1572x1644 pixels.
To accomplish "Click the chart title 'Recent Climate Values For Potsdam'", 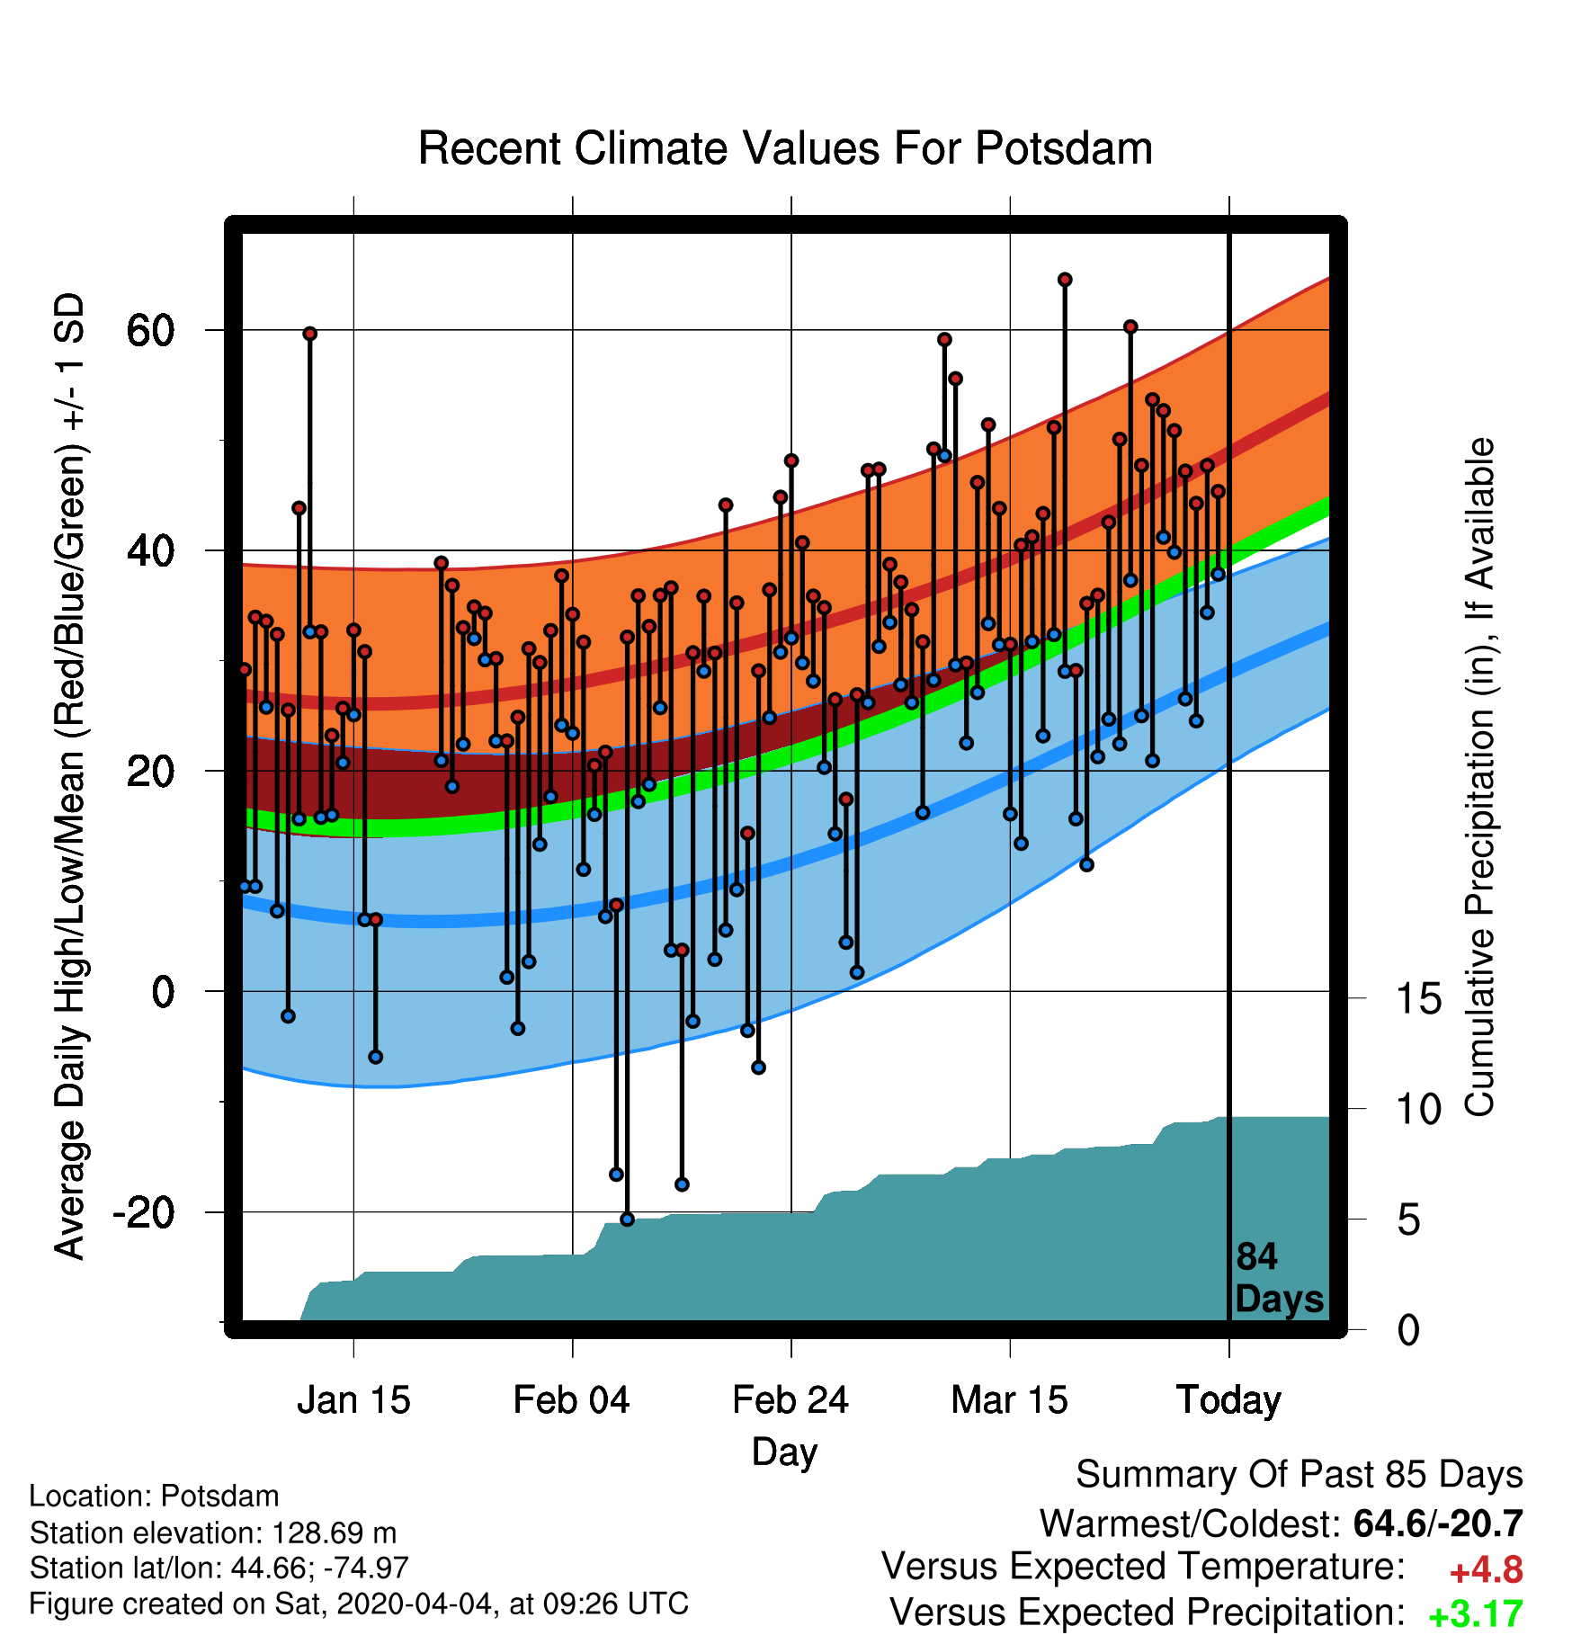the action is pyautogui.click(x=785, y=148).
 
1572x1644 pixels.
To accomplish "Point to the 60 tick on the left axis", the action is pyautogui.click(x=149, y=331).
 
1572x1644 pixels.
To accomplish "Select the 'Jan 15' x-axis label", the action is pyautogui.click(x=353, y=1400).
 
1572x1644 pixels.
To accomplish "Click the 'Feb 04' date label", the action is pyautogui.click(x=572, y=1400).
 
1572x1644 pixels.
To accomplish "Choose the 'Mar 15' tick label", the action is pyautogui.click(x=1009, y=1400).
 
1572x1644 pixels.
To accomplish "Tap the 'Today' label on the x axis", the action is pyautogui.click(x=1228, y=1401).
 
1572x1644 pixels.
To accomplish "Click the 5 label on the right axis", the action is pyautogui.click(x=1409, y=1220).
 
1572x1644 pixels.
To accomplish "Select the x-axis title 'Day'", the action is pyautogui.click(x=784, y=1452).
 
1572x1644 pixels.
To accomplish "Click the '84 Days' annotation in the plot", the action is pyautogui.click(x=1279, y=1278).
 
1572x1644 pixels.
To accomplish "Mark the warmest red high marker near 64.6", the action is pyautogui.click(x=1065, y=280).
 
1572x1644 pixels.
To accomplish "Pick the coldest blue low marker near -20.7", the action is pyautogui.click(x=627, y=1220).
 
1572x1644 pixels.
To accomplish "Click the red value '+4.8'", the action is pyautogui.click(x=1487, y=1570).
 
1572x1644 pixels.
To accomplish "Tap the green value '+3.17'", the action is pyautogui.click(x=1476, y=1614).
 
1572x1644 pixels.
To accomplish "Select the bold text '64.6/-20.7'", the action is pyautogui.click(x=1438, y=1523).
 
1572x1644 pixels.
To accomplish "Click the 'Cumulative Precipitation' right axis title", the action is pyautogui.click(x=1480, y=778).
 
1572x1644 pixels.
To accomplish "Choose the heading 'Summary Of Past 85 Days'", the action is pyautogui.click(x=1300, y=1475).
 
